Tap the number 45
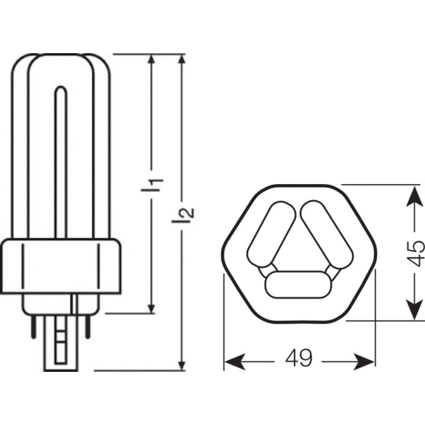pos(416,253)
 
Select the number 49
pos(299,358)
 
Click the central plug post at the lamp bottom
pos(61,342)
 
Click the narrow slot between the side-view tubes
pos(61,159)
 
